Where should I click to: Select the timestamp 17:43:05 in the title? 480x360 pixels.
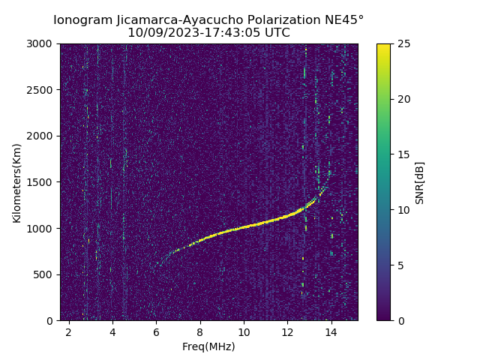point(228,33)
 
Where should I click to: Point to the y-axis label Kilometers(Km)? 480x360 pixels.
point(17,182)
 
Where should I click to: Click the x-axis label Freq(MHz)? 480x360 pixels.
point(208,346)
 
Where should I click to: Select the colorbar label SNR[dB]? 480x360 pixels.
point(420,182)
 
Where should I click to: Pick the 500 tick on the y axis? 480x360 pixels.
point(44,274)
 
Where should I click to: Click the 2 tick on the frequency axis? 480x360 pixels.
point(69,331)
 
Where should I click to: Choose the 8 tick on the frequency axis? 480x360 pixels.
point(200,331)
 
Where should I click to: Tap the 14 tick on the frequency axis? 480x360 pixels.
point(331,331)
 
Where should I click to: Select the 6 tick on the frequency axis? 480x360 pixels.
point(156,331)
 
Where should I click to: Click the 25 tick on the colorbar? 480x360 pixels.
point(403,44)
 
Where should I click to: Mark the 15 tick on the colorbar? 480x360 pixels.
point(403,154)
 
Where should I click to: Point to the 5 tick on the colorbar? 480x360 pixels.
point(400,265)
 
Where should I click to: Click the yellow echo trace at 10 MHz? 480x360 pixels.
point(244,227)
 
